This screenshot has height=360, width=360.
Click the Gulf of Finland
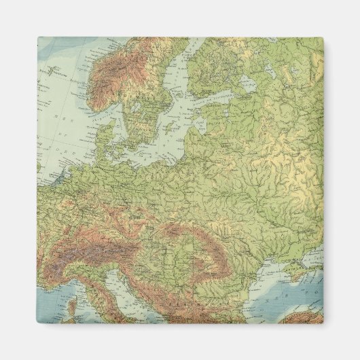(217, 84)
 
